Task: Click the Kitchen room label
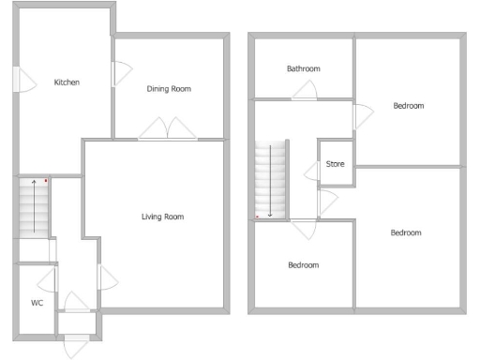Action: (67, 82)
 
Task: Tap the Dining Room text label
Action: (169, 89)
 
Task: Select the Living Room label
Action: (162, 217)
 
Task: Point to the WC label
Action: (37, 303)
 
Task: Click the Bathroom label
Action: (304, 68)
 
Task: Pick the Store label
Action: (335, 164)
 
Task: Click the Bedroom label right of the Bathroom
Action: (408, 106)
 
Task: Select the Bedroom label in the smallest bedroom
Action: (302, 265)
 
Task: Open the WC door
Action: (47, 279)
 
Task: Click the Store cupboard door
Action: (312, 171)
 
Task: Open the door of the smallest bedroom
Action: (304, 228)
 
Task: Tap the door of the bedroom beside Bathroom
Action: (360, 117)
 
